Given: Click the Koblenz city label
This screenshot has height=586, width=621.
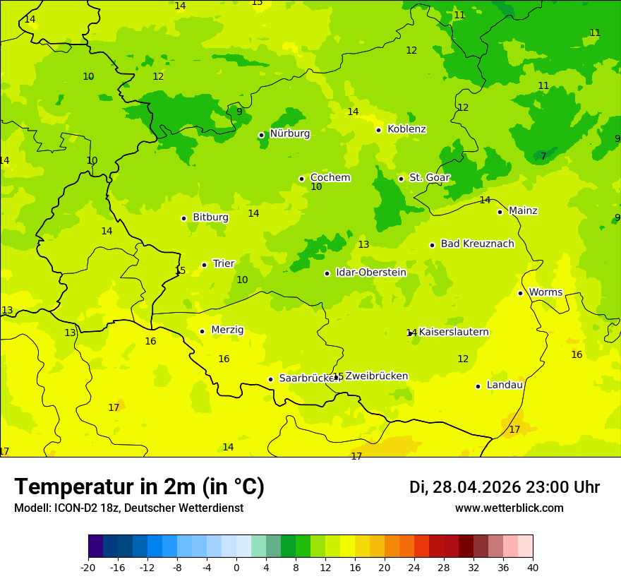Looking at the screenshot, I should pos(406,129).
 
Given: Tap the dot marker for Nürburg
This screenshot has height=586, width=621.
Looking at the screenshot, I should pos(261,135).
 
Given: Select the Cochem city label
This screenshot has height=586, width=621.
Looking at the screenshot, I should pos(330,178).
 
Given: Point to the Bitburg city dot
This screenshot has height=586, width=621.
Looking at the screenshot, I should pos(183,218).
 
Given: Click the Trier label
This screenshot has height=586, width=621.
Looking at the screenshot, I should pos(223,264).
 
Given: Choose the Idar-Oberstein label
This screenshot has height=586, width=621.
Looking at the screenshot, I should pos(370,273).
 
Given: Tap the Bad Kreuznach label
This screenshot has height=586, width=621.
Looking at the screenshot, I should pos(477,244).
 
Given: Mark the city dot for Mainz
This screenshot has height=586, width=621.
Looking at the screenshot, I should pos(500,212).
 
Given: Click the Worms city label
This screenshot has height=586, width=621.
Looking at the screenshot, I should pos(545,292).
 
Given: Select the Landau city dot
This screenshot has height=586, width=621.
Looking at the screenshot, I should pos(478,386).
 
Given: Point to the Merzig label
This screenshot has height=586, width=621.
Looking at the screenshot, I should pos(227,330).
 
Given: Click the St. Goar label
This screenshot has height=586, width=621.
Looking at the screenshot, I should pos(429,178).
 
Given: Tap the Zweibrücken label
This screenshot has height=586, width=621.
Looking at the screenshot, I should pos(376,376).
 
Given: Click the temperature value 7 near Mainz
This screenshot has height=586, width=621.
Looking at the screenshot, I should pos(543,156).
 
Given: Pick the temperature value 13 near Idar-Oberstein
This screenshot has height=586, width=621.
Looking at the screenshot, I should pos(363,245).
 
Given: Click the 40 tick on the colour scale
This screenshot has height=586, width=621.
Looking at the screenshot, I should pos(533,566).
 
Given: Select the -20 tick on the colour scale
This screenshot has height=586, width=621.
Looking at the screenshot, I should pos(88,566).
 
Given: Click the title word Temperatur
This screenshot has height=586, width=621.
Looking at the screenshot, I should pos(64,487).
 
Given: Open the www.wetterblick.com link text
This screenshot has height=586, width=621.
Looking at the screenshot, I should pos(509,508).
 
